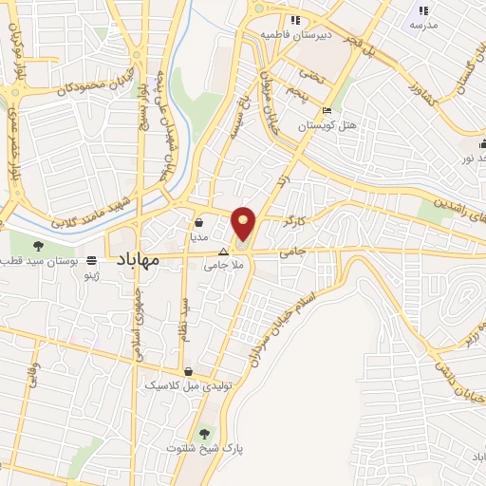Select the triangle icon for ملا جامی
point(223,252)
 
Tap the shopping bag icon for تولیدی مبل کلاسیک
point(189,371)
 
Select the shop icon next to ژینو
point(92,260)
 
